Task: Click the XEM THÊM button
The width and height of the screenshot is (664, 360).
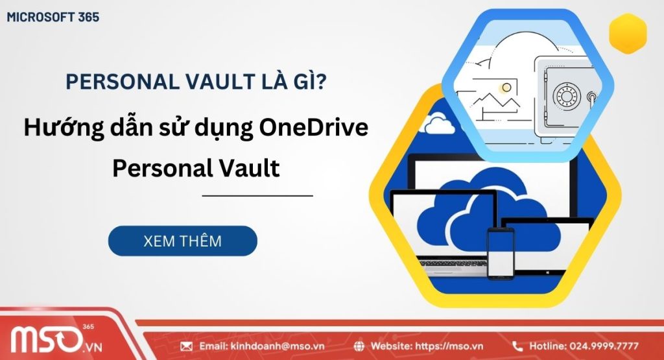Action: click(182, 241)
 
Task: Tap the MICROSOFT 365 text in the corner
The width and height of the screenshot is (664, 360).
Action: click(53, 18)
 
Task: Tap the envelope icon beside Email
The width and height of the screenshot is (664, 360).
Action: click(187, 346)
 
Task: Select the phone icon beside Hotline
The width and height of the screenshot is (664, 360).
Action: click(517, 346)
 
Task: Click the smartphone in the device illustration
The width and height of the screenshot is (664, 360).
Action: click(500, 252)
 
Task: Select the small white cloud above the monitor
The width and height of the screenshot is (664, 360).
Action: click(438, 121)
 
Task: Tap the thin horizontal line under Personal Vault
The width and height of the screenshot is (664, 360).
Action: click(257, 195)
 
